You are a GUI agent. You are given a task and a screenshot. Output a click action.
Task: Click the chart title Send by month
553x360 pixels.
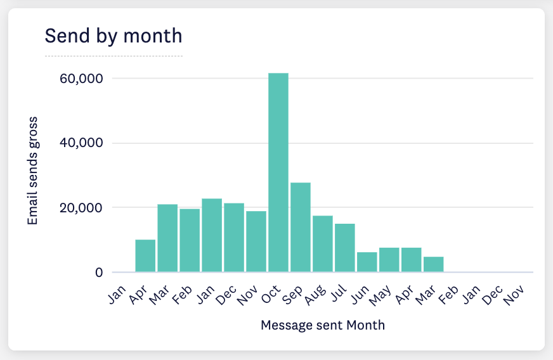(113, 36)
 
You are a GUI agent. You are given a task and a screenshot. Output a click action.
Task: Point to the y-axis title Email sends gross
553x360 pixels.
(32, 170)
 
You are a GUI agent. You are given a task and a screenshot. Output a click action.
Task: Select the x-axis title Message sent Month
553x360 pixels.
(323, 325)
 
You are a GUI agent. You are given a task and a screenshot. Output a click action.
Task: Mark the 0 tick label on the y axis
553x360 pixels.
(98, 273)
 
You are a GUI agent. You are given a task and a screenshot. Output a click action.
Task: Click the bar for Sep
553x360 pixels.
(301, 227)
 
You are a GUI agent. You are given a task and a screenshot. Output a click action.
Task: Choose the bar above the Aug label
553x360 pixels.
(323, 244)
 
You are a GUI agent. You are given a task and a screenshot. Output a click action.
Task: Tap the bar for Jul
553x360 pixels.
(345, 248)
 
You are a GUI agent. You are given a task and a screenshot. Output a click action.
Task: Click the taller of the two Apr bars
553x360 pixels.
(145, 256)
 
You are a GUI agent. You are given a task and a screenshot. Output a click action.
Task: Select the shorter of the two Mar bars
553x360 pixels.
(434, 264)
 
